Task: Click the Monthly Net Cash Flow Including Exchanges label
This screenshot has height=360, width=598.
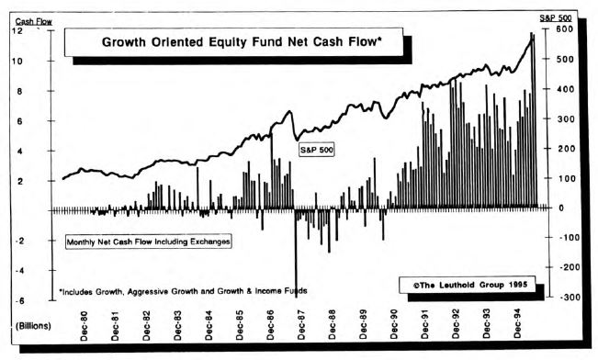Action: (147, 242)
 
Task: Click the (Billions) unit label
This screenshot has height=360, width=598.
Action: (32, 326)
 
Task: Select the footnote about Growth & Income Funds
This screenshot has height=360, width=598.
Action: (184, 290)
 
